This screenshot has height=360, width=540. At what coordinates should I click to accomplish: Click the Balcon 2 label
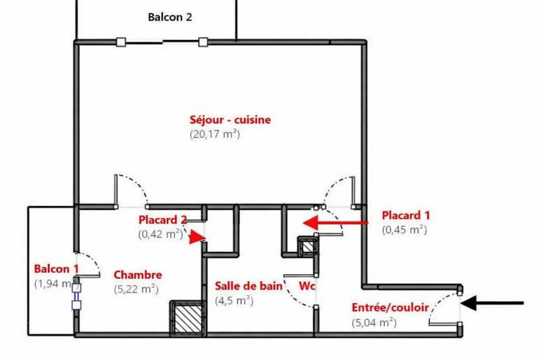170,18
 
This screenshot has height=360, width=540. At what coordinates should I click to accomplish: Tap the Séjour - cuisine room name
230,120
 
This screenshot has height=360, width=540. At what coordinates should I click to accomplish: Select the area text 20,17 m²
215,134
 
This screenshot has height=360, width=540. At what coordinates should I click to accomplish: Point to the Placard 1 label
406,215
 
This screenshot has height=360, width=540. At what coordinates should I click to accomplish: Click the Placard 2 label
162,220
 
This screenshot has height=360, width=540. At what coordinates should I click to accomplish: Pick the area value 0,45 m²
404,230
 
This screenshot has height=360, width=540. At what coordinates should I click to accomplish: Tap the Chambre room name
138,275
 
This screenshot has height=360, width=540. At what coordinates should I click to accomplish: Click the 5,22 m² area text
136,289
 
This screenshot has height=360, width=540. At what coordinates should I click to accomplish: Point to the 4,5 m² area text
234,301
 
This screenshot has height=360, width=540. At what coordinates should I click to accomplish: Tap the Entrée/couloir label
390,307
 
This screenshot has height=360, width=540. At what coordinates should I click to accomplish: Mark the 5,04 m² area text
374,322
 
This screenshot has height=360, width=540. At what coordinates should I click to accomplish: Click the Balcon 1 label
57,269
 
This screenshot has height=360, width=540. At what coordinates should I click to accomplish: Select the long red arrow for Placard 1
335,222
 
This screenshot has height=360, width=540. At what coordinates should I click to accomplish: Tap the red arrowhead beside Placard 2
196,237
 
